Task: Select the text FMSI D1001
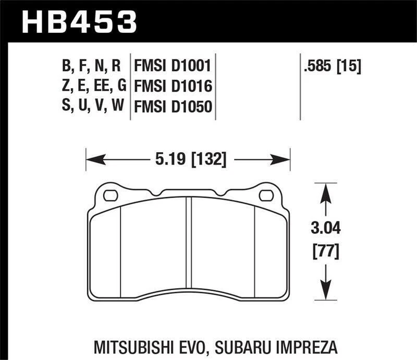tap(172, 66)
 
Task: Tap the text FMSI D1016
tap(172, 86)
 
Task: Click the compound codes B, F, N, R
tap(92, 66)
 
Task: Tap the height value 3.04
tap(325, 228)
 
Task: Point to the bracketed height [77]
tap(325, 252)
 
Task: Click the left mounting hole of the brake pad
tap(111, 196)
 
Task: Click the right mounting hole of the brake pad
tap(266, 196)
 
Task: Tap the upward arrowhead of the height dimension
tap(325, 191)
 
